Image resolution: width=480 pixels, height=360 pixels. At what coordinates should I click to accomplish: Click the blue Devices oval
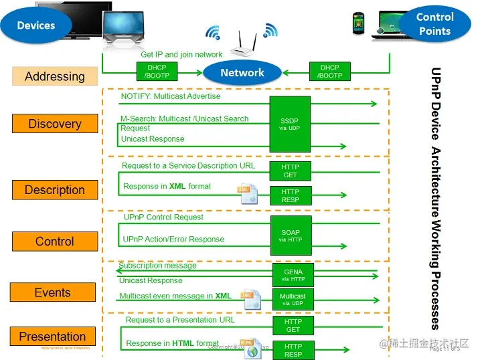tap(36, 25)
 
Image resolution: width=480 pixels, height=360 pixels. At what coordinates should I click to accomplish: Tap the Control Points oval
tap(434, 24)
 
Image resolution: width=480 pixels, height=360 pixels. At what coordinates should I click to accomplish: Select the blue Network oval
tap(242, 73)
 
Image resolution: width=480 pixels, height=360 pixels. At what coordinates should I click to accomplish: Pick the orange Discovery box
tap(55, 124)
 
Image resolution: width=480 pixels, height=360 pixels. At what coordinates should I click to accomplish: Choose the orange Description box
tap(55, 190)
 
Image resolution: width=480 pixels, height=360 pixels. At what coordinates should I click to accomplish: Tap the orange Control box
tap(55, 242)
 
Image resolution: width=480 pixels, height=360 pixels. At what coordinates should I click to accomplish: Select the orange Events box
tap(52, 292)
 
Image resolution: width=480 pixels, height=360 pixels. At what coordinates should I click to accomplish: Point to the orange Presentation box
tap(52, 337)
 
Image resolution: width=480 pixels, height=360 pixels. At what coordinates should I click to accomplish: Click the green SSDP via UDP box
tap(291, 124)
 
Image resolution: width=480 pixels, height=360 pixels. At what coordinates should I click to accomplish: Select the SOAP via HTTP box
tap(291, 236)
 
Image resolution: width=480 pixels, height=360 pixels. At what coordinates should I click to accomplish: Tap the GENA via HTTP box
tap(293, 275)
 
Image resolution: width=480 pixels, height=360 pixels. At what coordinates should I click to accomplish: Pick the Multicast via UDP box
tap(293, 299)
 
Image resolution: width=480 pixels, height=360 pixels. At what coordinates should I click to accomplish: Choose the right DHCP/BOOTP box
tap(330, 71)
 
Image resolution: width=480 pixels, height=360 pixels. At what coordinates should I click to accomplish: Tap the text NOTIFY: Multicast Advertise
tap(171, 96)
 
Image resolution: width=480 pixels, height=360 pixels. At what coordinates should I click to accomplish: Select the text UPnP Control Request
tap(164, 217)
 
